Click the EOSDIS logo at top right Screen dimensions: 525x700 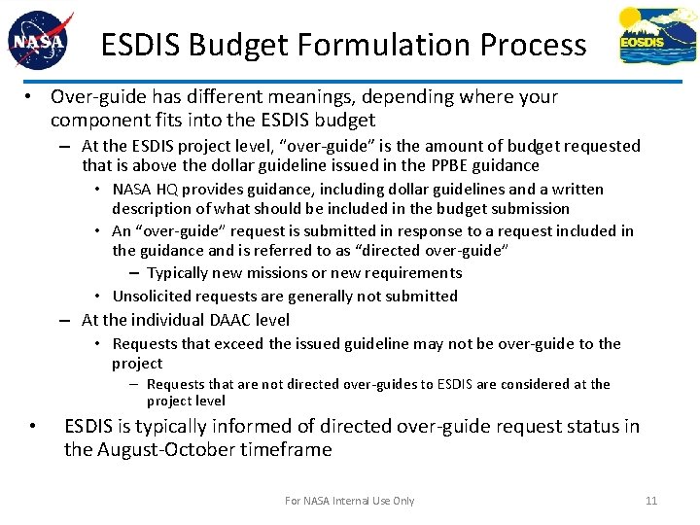(x=656, y=36)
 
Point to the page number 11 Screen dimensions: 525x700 (x=651, y=501)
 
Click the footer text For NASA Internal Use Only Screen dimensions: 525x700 (x=349, y=501)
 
